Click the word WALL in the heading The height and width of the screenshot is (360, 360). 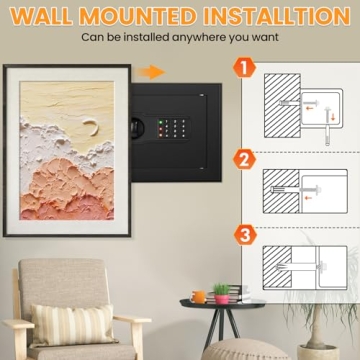[41, 16]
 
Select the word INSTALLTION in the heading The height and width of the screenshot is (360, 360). [277, 16]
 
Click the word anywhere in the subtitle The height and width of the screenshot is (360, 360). [199, 37]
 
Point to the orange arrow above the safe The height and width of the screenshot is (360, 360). [152, 72]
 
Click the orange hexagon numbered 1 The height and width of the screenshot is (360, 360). [244, 68]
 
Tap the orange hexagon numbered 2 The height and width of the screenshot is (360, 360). [244, 160]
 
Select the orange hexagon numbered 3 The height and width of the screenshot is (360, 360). [245, 235]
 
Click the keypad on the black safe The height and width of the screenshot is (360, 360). [172, 128]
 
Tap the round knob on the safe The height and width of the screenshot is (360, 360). [137, 128]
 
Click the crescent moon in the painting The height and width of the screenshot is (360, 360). [92, 127]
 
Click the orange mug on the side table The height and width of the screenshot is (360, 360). [199, 297]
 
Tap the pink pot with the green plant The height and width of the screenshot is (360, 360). [222, 294]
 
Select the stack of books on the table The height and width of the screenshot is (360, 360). [233, 294]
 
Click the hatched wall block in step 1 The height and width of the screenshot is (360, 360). [282, 106]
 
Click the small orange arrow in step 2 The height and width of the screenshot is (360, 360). [308, 198]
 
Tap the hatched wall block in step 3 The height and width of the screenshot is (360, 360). [277, 267]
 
